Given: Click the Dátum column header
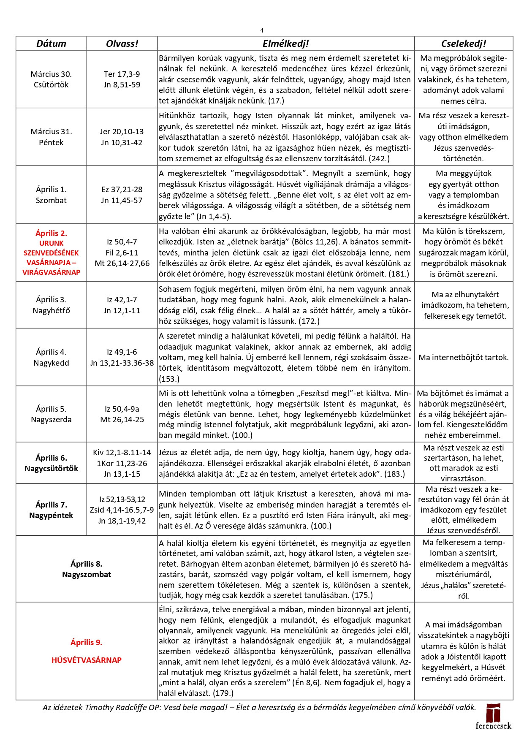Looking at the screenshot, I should pos(51,43).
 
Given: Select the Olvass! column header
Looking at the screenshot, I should pos(122,43).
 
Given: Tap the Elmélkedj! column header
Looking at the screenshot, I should pos(285,43).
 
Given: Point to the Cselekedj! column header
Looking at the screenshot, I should pos(463,43).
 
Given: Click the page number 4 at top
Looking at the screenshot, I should pos(262,30).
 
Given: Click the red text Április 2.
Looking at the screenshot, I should pos(51,233).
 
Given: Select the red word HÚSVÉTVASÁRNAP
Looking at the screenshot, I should pos(87,660).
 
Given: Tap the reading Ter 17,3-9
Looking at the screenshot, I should pos(122,74).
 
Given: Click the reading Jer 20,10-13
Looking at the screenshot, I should pos(122,132).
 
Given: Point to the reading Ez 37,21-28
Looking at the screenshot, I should pos(122,190).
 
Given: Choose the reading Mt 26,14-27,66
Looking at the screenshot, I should pos(122,263).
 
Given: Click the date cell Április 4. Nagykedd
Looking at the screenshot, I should pos(51,357).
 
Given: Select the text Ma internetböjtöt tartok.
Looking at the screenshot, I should pos(463,358).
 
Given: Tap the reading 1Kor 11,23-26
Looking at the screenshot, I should pos(122,463).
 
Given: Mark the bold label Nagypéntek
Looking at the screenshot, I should pos(51,516).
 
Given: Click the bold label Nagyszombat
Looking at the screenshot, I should pos(87,575).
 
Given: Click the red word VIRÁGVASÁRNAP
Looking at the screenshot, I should pos(51,272).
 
